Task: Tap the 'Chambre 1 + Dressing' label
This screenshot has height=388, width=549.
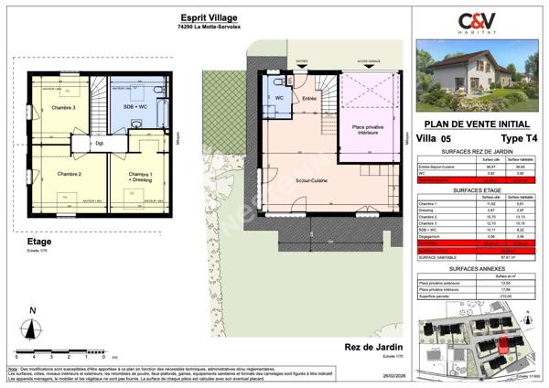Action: [x=139, y=177]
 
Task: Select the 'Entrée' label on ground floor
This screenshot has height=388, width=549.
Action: [x=309, y=98]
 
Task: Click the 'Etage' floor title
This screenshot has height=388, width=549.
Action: [x=39, y=242]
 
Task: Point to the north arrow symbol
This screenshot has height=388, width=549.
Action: [x=34, y=325]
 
